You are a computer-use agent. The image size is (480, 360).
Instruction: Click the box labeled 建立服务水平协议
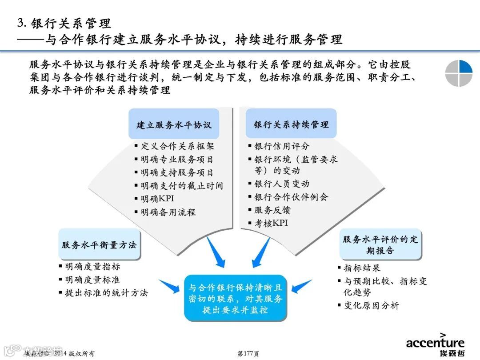pos(174,124)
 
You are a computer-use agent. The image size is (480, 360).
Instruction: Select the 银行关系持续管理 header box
pos(291,124)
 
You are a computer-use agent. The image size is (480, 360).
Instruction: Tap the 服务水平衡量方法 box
pos(99,244)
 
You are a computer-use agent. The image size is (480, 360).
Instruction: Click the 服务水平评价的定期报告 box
pos(380,244)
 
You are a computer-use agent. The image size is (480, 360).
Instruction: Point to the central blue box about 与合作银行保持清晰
pos(235,298)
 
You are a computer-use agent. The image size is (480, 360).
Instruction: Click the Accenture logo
pos(435,343)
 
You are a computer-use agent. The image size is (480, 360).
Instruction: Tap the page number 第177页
pos(248,354)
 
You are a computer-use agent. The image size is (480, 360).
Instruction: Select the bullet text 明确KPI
pos(157,199)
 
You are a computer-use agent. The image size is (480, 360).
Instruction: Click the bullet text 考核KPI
pos(271,223)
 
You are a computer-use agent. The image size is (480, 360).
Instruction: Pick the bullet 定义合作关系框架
pos(177,146)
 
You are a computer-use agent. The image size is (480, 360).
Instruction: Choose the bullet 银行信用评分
pos(282,146)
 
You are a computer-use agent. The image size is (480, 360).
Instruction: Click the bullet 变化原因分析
pos(371,305)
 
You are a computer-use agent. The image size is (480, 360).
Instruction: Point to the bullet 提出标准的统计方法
pos(106,293)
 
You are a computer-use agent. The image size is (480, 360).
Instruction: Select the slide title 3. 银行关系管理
pos(64,23)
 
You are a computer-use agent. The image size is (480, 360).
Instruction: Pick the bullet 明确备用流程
pos(168,212)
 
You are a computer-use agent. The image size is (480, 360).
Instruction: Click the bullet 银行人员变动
pos(282,184)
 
